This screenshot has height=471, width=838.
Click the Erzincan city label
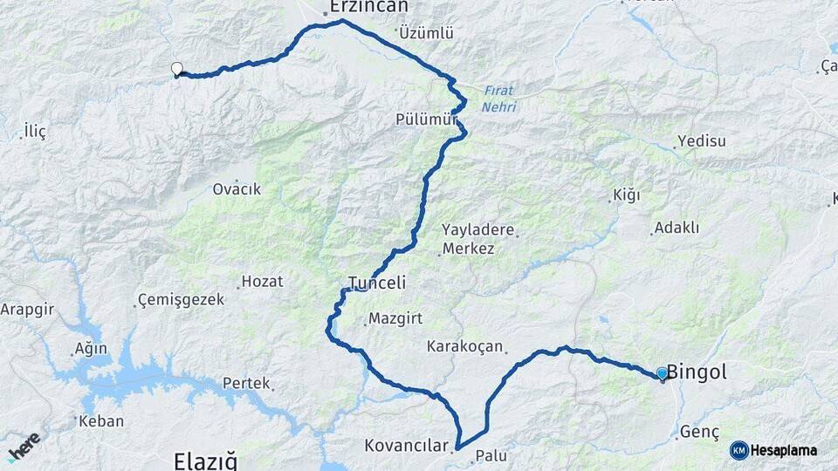(x=367, y=7)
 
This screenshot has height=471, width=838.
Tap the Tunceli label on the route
(x=378, y=283)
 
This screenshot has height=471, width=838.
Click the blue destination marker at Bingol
(x=662, y=374)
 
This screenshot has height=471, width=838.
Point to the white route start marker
(x=177, y=69)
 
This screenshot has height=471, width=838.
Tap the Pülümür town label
(x=426, y=119)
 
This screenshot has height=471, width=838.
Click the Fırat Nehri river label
(x=498, y=99)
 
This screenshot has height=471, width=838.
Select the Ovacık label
(x=237, y=188)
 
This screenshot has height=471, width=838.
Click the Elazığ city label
(x=205, y=461)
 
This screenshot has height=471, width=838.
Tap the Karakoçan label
(x=464, y=346)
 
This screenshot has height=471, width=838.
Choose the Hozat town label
(x=262, y=281)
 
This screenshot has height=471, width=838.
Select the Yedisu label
(x=700, y=141)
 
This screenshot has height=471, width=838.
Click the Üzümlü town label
(x=426, y=33)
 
